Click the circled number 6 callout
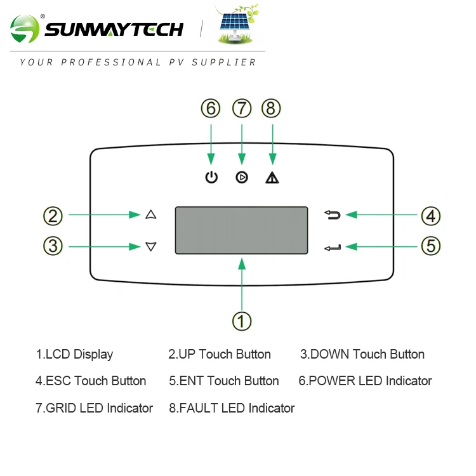(211, 109)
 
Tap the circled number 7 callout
(242, 109)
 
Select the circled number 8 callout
(271, 109)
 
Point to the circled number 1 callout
(242, 321)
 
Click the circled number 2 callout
(53, 216)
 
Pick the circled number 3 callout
(53, 246)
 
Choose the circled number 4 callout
(430, 216)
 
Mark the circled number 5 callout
(430, 246)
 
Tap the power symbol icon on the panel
(211, 178)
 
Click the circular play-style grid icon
(242, 178)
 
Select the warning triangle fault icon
(272, 178)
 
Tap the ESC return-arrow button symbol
(333, 215)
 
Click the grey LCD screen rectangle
(241, 230)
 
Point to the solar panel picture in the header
(235, 26)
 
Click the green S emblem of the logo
(25, 29)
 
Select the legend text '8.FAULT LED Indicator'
(232, 408)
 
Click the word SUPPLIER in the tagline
(229, 62)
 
